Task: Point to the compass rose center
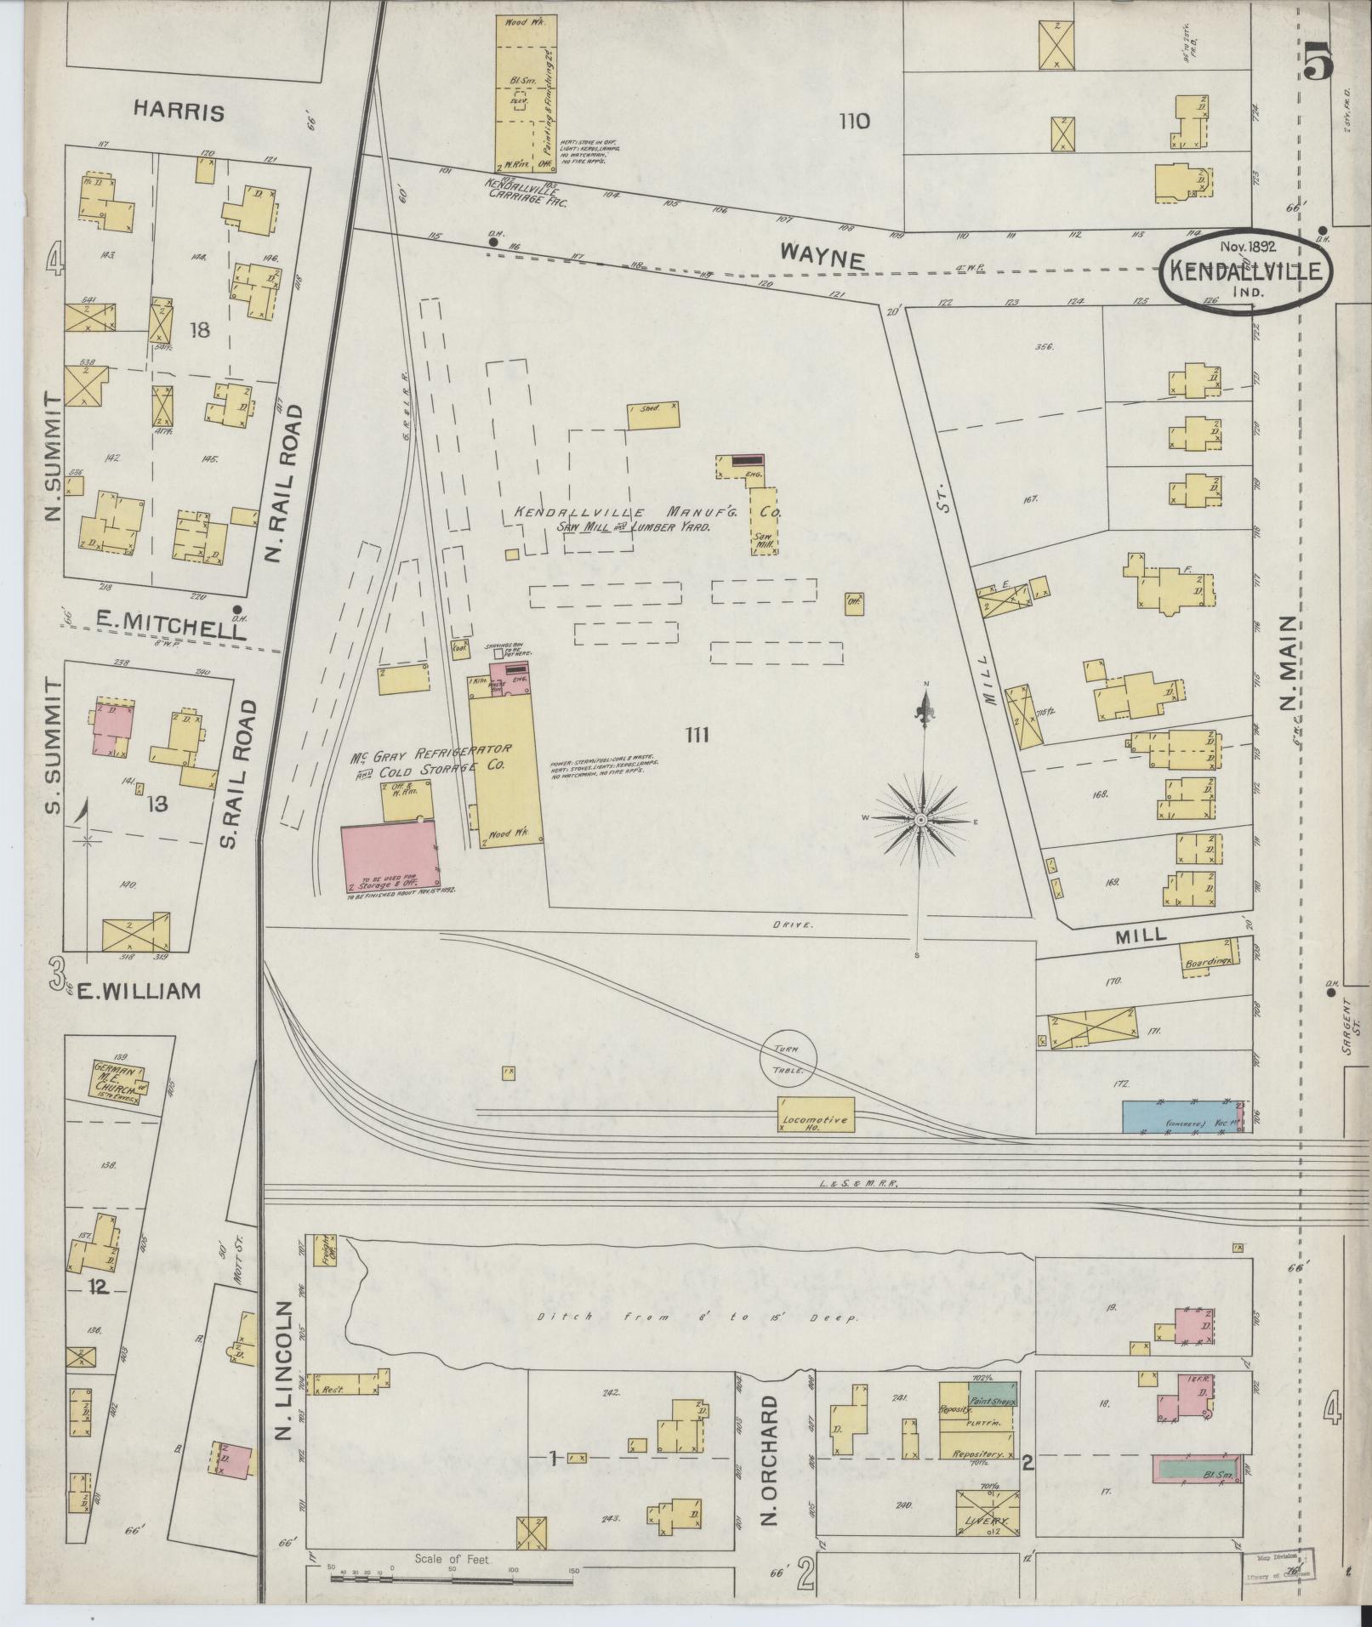coord(921,819)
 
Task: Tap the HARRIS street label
coord(179,112)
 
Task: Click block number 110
coord(853,122)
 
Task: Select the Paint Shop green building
coord(993,1395)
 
